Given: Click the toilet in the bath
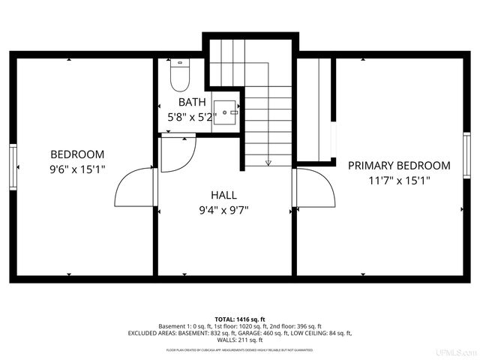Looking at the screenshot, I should tap(180, 75).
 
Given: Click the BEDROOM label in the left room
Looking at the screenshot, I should tap(77, 154).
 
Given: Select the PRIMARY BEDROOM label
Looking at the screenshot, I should tap(399, 165).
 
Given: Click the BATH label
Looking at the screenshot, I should tap(192, 102).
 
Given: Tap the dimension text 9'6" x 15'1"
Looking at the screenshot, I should tap(77, 169).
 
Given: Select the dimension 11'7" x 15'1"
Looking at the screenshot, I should tap(399, 180).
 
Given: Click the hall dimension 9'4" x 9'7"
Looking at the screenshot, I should tap(223, 210).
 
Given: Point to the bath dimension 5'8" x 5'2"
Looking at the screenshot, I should tap(192, 117).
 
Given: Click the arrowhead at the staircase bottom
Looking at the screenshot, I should tap(268, 162).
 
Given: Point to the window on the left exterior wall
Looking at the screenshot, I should tap(13, 166).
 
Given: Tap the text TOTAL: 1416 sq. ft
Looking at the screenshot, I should tap(240, 319).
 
